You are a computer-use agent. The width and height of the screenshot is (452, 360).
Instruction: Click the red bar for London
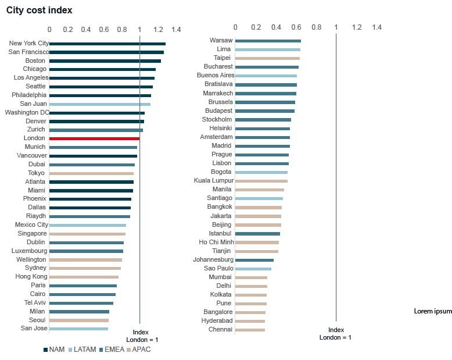coord(94,138)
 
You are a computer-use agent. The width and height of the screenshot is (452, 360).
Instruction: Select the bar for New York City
coord(107,44)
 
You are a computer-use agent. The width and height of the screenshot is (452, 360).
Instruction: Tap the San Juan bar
coord(100,104)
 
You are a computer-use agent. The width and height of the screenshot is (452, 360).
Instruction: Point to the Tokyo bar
coord(91,173)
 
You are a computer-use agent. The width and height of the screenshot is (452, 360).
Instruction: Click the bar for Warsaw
coord(268,41)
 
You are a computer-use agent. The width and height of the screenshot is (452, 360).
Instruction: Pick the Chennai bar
coord(250,330)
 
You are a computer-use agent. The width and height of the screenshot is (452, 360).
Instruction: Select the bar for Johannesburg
coord(254,260)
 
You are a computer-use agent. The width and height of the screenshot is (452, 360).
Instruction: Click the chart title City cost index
coord(40,10)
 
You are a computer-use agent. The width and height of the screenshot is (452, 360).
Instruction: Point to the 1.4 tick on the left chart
coord(177,29)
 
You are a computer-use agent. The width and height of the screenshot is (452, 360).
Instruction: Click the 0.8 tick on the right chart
coord(316,27)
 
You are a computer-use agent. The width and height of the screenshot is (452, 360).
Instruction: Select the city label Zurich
coord(35,130)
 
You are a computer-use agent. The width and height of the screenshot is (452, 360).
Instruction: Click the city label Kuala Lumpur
coord(213,181)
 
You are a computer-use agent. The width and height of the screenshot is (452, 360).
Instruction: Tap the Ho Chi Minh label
coord(216,242)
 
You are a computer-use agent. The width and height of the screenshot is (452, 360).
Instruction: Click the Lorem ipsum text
coord(432,311)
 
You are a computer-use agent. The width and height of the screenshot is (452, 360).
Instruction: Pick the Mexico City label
coord(32,224)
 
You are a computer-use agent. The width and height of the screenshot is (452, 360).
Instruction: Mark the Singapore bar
coord(87,234)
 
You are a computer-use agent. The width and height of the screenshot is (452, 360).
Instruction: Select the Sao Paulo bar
coord(253,269)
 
